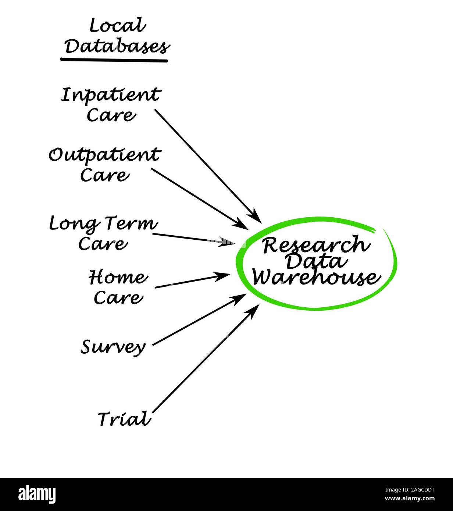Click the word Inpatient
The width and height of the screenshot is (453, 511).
[110, 95]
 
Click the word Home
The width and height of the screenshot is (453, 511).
[118, 278]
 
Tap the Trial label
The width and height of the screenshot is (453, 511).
[124, 419]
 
